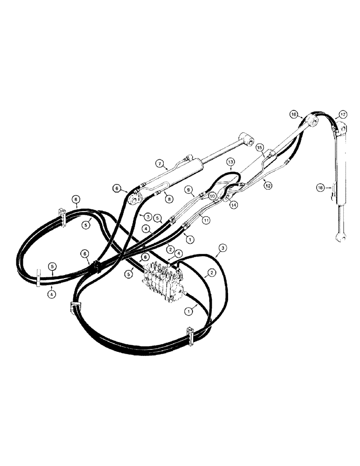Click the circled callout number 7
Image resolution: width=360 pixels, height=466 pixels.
pos(159,164)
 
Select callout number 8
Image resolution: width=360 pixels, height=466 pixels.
pos(169,198)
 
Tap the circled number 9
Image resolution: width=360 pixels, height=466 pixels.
pos(188,190)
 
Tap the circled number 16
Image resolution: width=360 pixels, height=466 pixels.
pos(294,114)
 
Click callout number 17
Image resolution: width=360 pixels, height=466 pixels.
pos(343,114)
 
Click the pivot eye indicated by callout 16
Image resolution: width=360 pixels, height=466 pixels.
pos(313,123)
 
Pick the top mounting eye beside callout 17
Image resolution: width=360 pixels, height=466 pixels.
pos(342,127)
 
